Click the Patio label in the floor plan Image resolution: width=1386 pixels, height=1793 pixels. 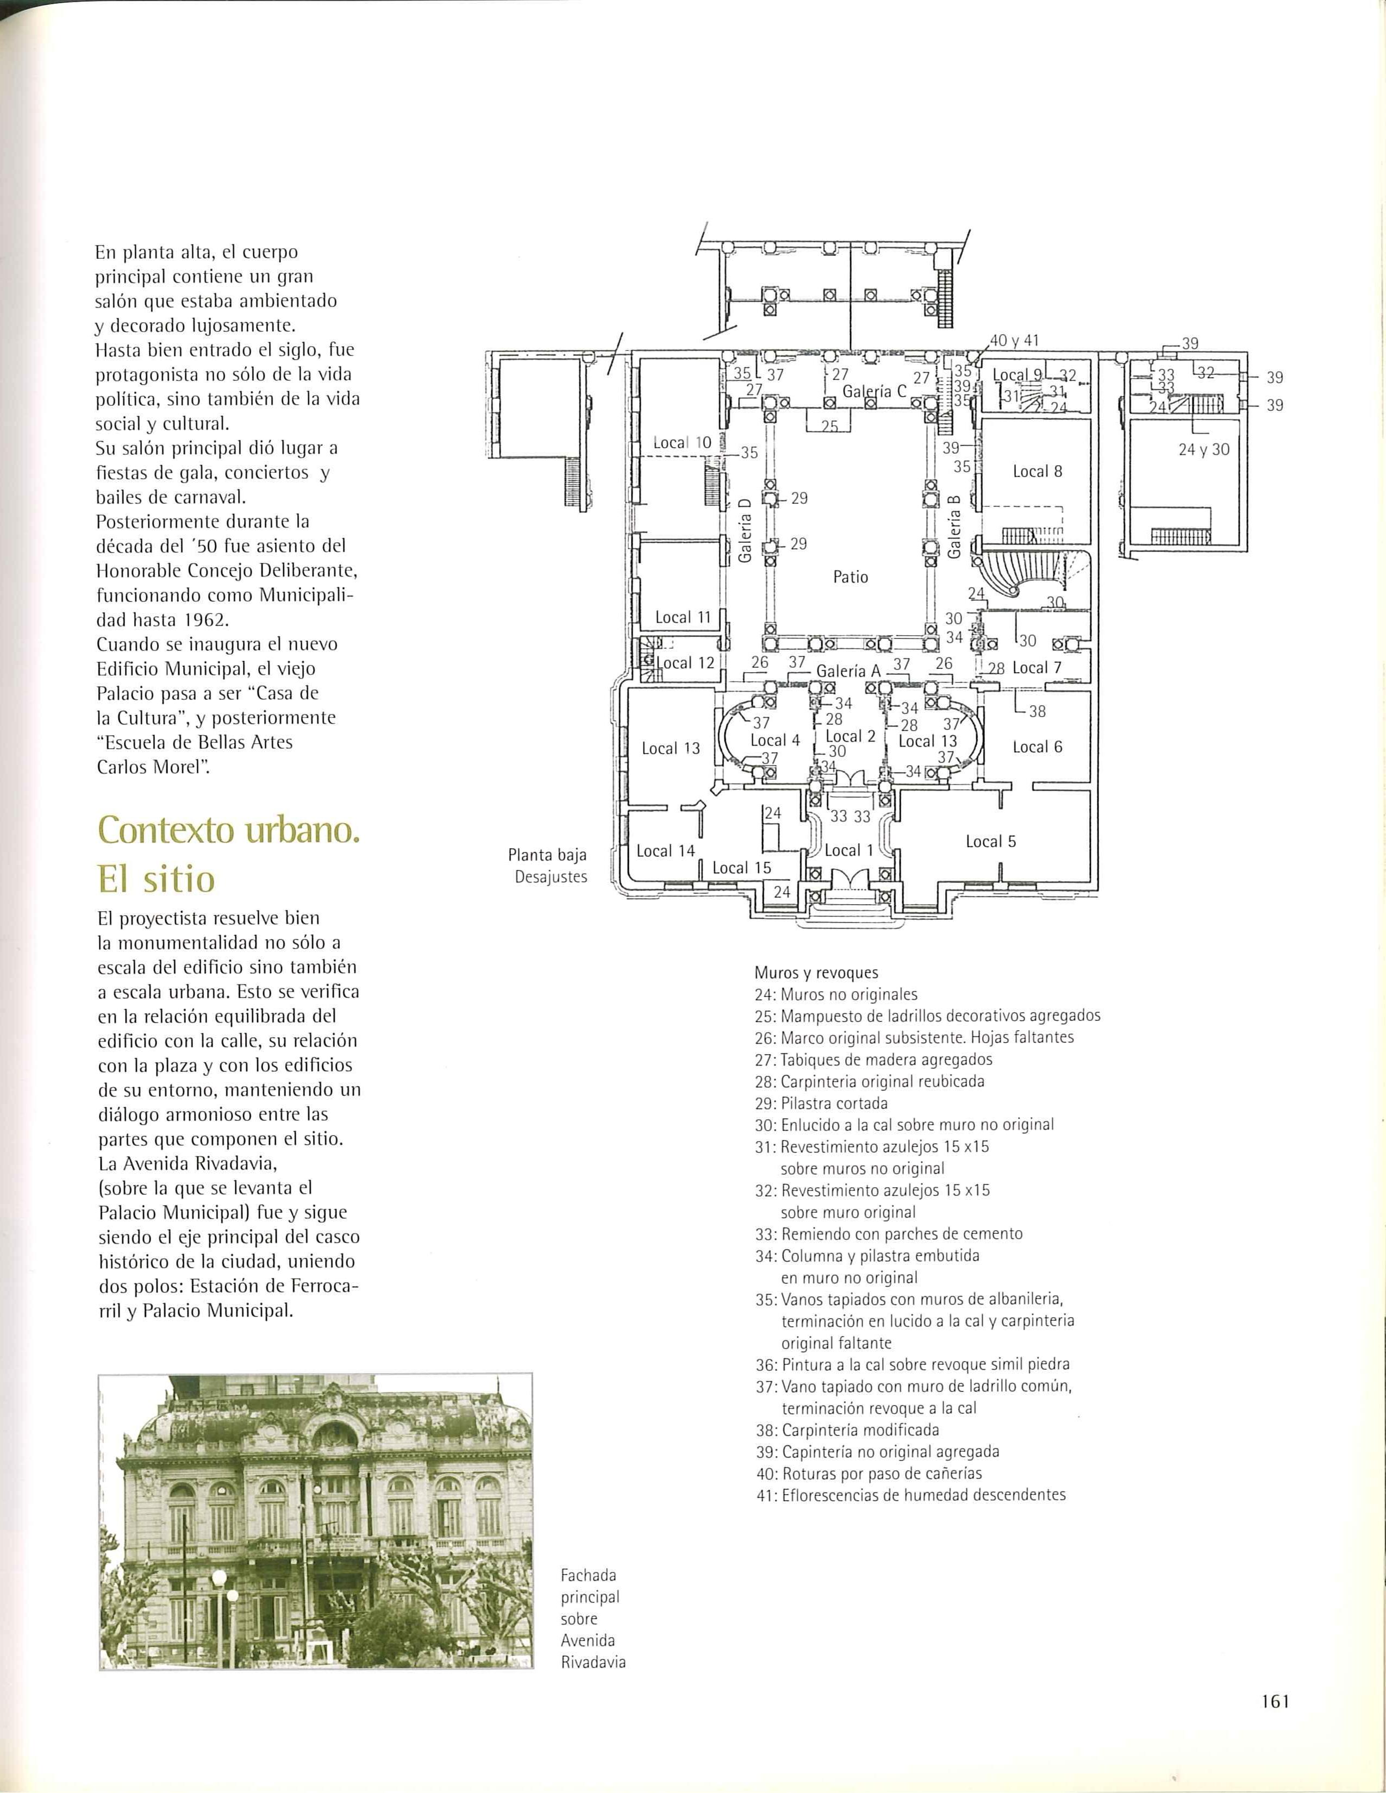point(850,577)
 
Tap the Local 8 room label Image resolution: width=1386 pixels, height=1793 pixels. point(1037,471)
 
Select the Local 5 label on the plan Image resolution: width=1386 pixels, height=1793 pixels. point(990,842)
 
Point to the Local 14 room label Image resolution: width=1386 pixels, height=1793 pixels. point(665,850)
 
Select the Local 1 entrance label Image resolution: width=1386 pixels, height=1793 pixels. point(842,850)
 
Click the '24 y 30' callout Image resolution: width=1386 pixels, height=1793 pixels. point(1204,450)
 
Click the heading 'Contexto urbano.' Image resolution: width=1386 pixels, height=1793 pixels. point(228,831)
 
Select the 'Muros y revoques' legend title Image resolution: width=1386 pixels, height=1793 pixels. point(816,974)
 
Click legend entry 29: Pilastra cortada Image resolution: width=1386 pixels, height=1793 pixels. point(821,1104)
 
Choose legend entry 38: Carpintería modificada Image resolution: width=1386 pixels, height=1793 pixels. point(846,1430)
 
